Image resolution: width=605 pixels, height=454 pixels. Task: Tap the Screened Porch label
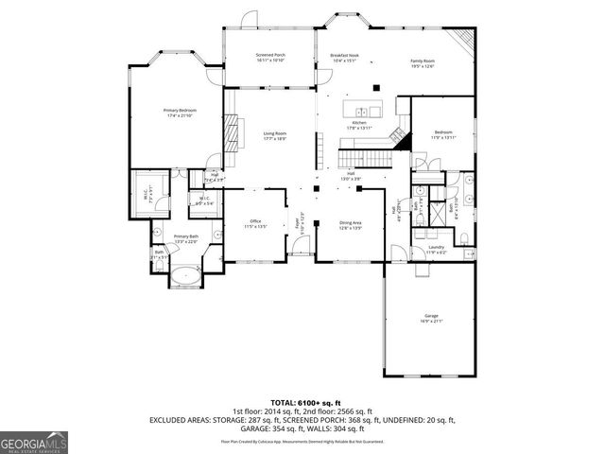[x=270, y=58]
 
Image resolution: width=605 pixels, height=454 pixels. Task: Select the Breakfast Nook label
[x=344, y=58]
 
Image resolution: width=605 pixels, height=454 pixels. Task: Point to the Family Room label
[x=422, y=62]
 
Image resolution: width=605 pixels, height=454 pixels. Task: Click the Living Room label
[x=274, y=136]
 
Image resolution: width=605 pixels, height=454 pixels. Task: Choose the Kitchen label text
[x=360, y=126]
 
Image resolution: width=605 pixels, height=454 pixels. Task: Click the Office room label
[x=256, y=224]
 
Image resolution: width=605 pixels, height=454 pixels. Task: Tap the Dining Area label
[x=351, y=226]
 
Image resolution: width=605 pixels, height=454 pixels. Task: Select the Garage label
[x=431, y=319]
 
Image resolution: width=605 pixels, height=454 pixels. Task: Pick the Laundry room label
[x=436, y=251]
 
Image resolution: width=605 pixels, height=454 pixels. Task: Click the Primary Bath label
[x=186, y=238]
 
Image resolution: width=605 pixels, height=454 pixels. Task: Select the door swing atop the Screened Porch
[x=247, y=19]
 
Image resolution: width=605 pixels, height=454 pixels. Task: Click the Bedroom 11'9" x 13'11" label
[x=443, y=134]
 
